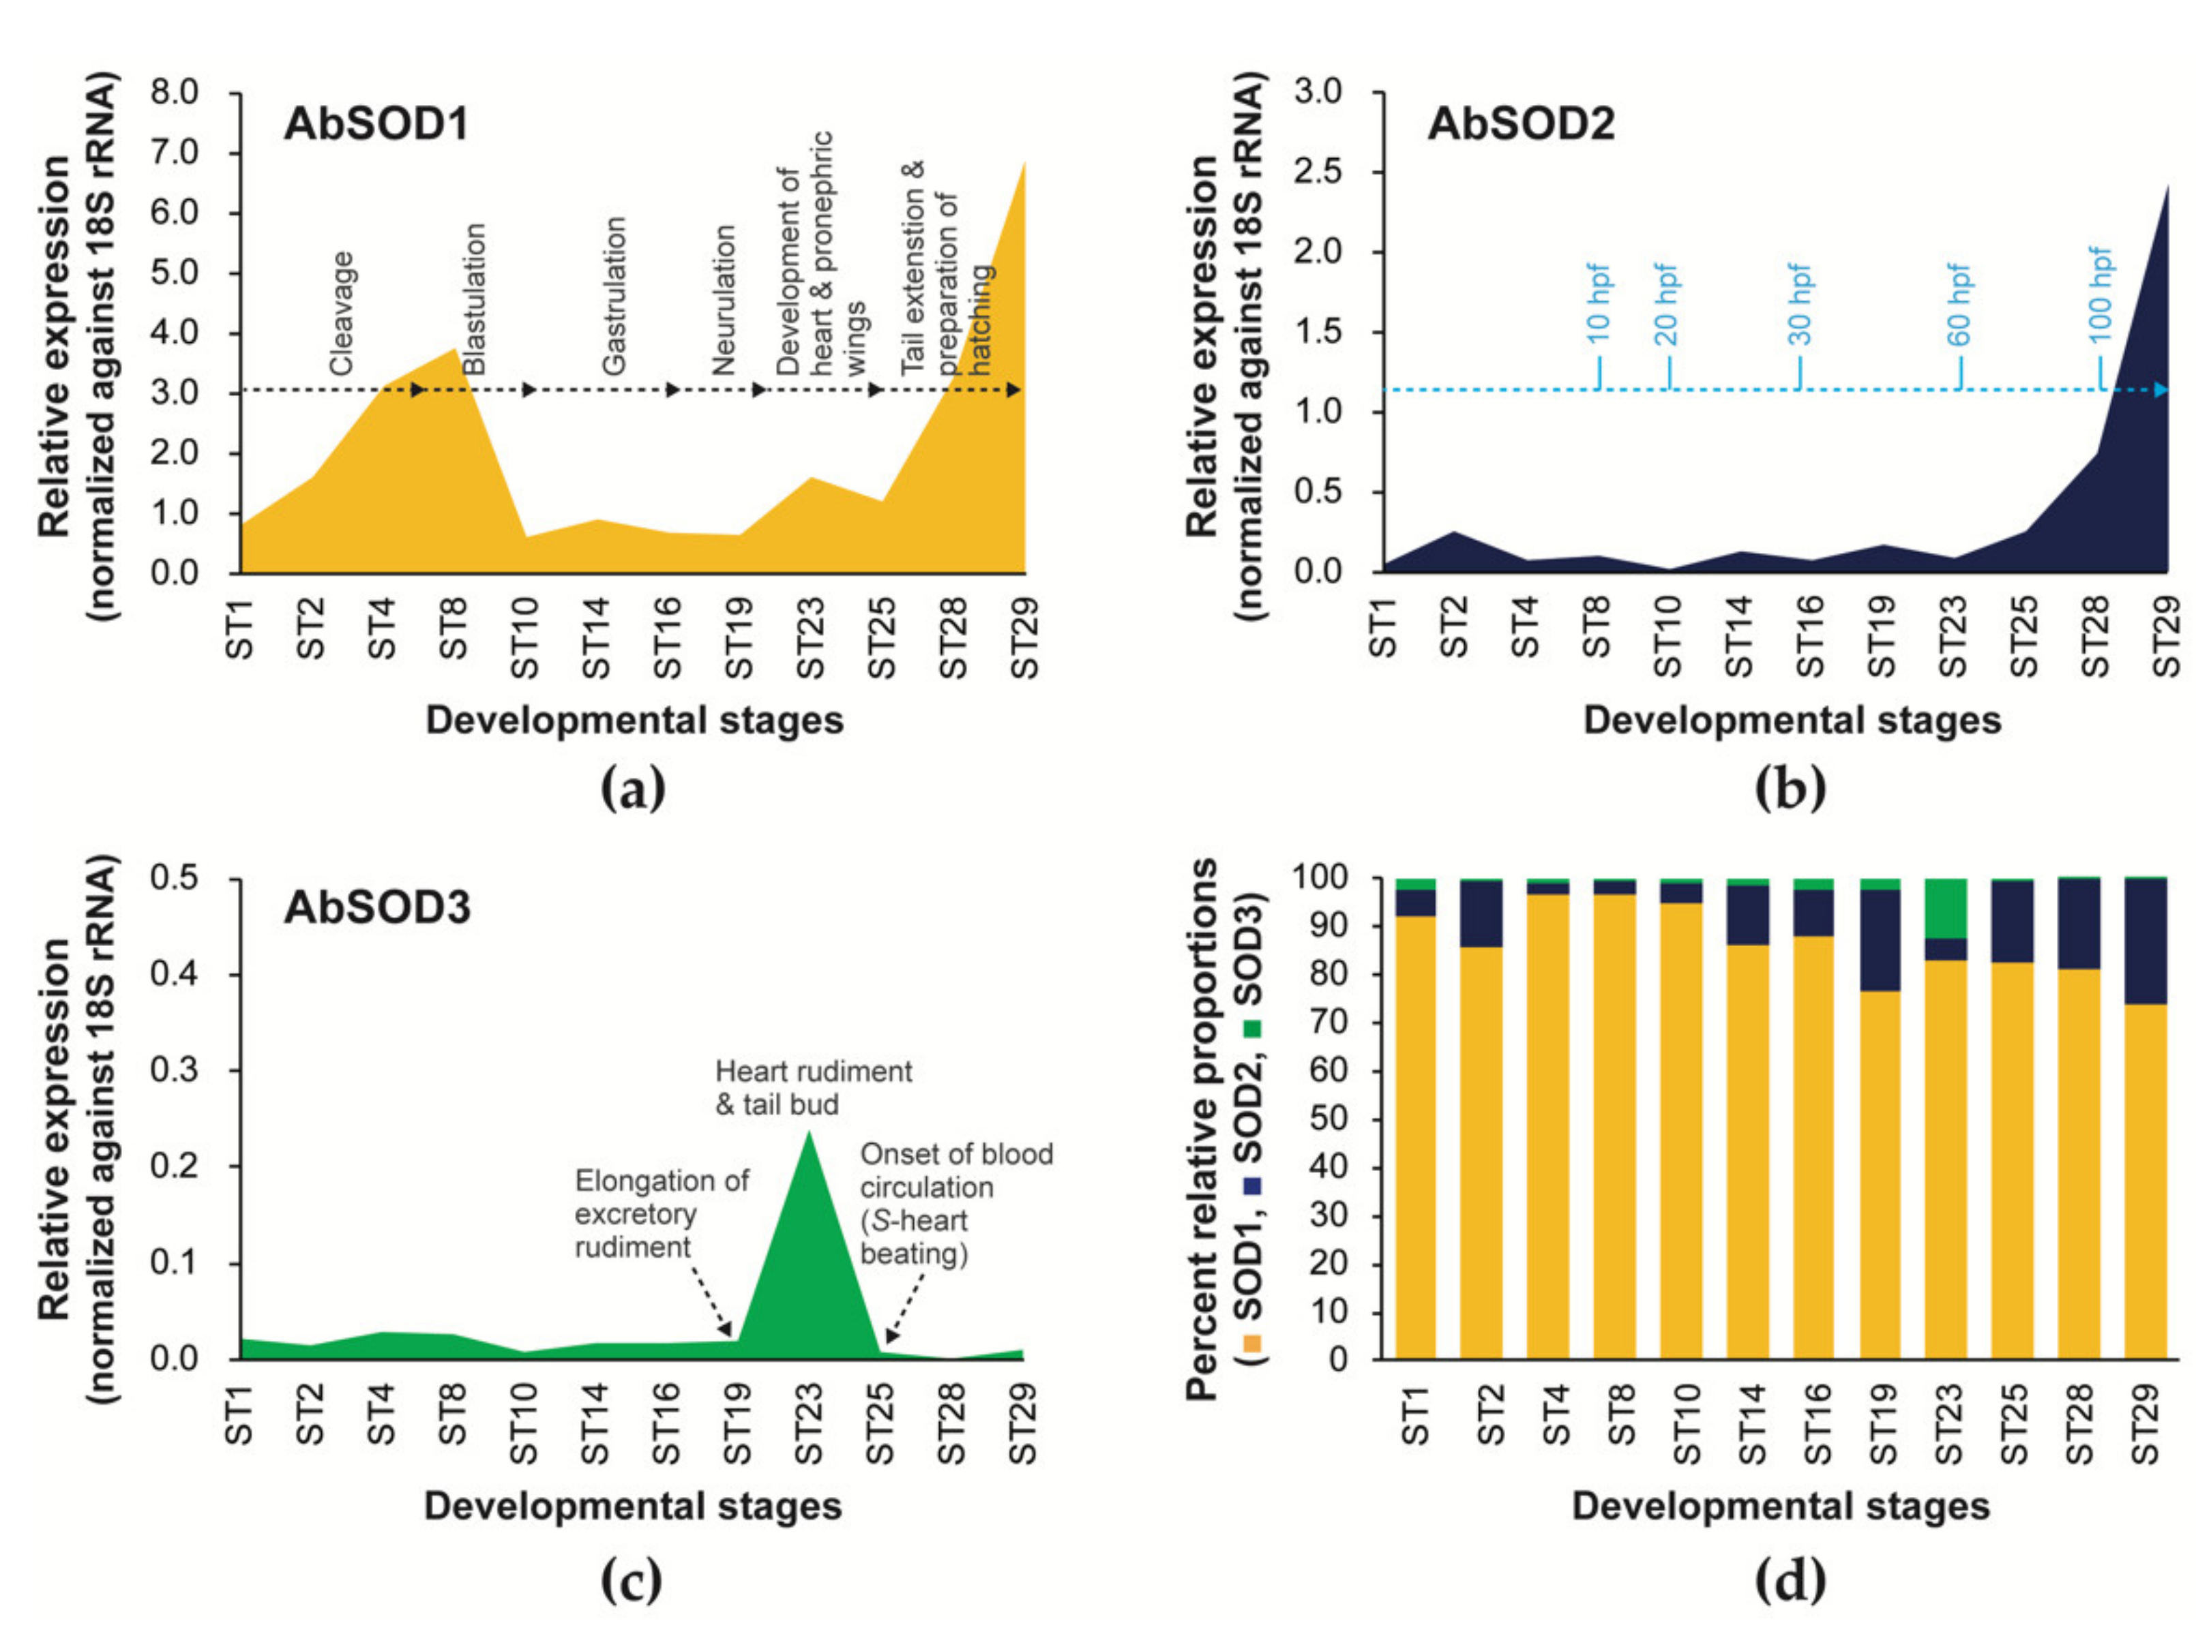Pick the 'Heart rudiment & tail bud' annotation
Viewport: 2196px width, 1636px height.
[812, 1087]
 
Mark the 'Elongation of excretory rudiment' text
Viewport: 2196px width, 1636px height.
[661, 1213]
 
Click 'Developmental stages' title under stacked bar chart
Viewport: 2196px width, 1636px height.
[1780, 1506]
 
